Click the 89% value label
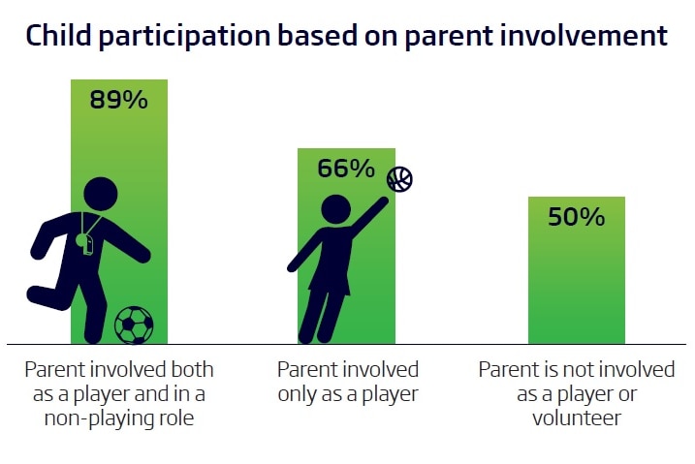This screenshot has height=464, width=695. [118, 100]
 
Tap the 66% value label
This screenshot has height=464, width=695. [346, 169]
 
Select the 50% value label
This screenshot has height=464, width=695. [576, 217]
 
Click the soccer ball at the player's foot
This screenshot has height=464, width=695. [134, 325]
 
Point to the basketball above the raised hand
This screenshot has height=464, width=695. [399, 179]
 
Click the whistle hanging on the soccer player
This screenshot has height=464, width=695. [84, 244]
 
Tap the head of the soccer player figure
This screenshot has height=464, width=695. [101, 194]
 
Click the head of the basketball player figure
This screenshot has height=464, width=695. [335, 208]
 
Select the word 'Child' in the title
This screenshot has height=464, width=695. [59, 35]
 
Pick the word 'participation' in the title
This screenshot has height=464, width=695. [184, 37]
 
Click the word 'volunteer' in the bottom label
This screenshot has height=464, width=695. [576, 418]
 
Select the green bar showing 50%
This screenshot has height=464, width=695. [577, 270]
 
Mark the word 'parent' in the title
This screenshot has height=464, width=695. [449, 37]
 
